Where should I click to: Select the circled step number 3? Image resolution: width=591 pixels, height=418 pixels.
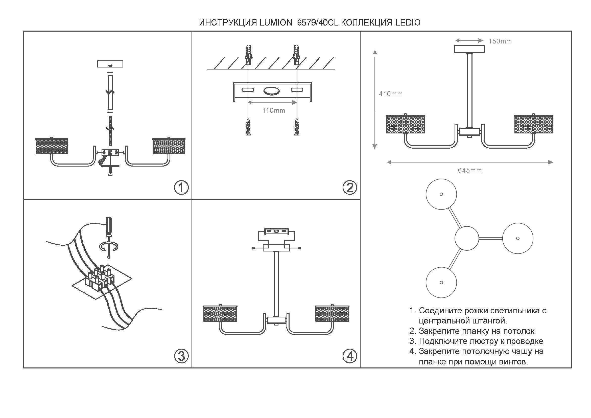[181, 356]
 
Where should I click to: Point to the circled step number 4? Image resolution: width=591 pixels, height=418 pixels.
[350, 356]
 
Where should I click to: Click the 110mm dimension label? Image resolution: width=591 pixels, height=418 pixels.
[274, 111]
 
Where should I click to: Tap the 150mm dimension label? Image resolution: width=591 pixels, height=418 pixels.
[500, 41]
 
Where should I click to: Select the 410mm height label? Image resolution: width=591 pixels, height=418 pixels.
[391, 94]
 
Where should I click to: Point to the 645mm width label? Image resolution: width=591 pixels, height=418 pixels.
[470, 170]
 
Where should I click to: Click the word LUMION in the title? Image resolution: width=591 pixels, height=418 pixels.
[276, 23]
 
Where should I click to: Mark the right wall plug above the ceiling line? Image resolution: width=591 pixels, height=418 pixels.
[296, 55]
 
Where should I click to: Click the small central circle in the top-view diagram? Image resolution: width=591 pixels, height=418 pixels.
[467, 238]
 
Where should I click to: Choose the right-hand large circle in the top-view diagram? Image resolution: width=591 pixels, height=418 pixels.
[518, 238]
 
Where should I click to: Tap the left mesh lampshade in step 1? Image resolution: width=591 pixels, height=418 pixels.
[52, 146]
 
